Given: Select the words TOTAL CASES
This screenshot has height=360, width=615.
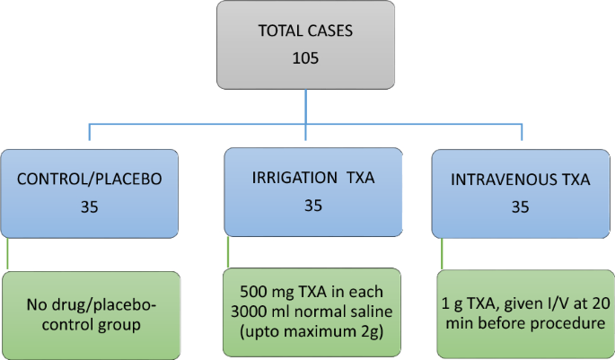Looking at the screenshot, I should pyautogui.click(x=306, y=31).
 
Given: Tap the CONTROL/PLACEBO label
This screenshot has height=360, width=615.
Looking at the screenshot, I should pyautogui.click(x=90, y=179).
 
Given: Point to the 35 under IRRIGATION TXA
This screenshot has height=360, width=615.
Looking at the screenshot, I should pyautogui.click(x=312, y=206).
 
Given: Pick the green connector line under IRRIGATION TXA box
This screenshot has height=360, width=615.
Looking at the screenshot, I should pyautogui.click(x=228, y=252).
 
